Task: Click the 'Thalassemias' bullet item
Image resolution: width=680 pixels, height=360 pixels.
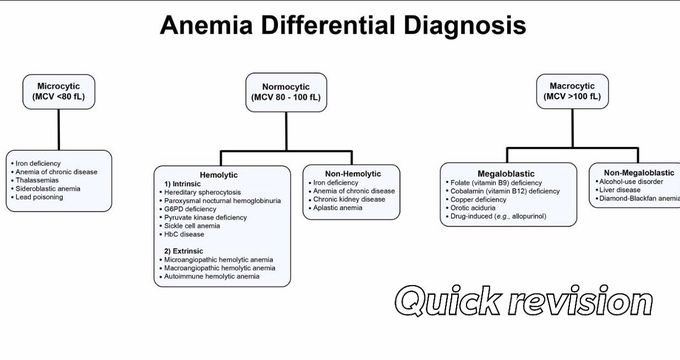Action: coord(39,178)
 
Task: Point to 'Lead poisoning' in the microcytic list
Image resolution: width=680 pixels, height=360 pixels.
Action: coord(41,196)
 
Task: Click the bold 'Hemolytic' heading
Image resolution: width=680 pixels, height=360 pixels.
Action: coord(219,175)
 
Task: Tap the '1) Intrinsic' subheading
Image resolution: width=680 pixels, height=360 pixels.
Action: coord(184,183)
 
